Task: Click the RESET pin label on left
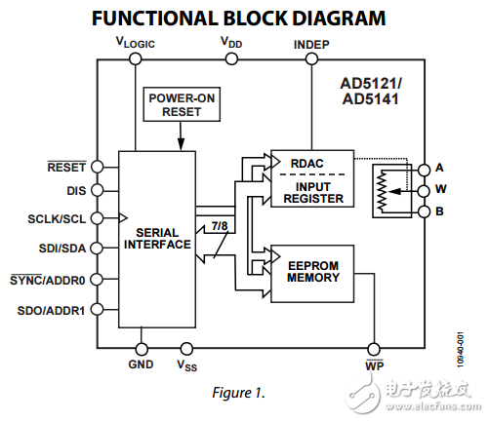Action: point(67,167)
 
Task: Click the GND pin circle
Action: point(141,348)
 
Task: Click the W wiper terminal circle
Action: point(424,189)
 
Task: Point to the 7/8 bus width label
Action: point(222,227)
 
